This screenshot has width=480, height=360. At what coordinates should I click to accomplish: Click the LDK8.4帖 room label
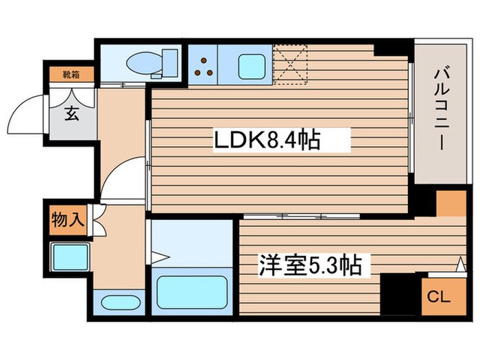267,142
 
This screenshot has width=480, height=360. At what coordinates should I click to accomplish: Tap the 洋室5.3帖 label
310,265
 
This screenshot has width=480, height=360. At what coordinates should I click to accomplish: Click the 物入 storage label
67,220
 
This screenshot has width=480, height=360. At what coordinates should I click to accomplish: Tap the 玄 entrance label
71,114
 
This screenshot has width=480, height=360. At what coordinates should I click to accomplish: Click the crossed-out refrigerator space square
290,62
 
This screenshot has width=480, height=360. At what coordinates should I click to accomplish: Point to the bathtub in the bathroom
191,292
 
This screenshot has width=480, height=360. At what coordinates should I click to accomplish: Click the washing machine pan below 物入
70,257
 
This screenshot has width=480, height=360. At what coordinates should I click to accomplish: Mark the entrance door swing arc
27,113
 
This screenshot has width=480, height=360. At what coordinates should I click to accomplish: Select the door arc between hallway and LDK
123,178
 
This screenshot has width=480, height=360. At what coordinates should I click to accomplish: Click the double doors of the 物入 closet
95,221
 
